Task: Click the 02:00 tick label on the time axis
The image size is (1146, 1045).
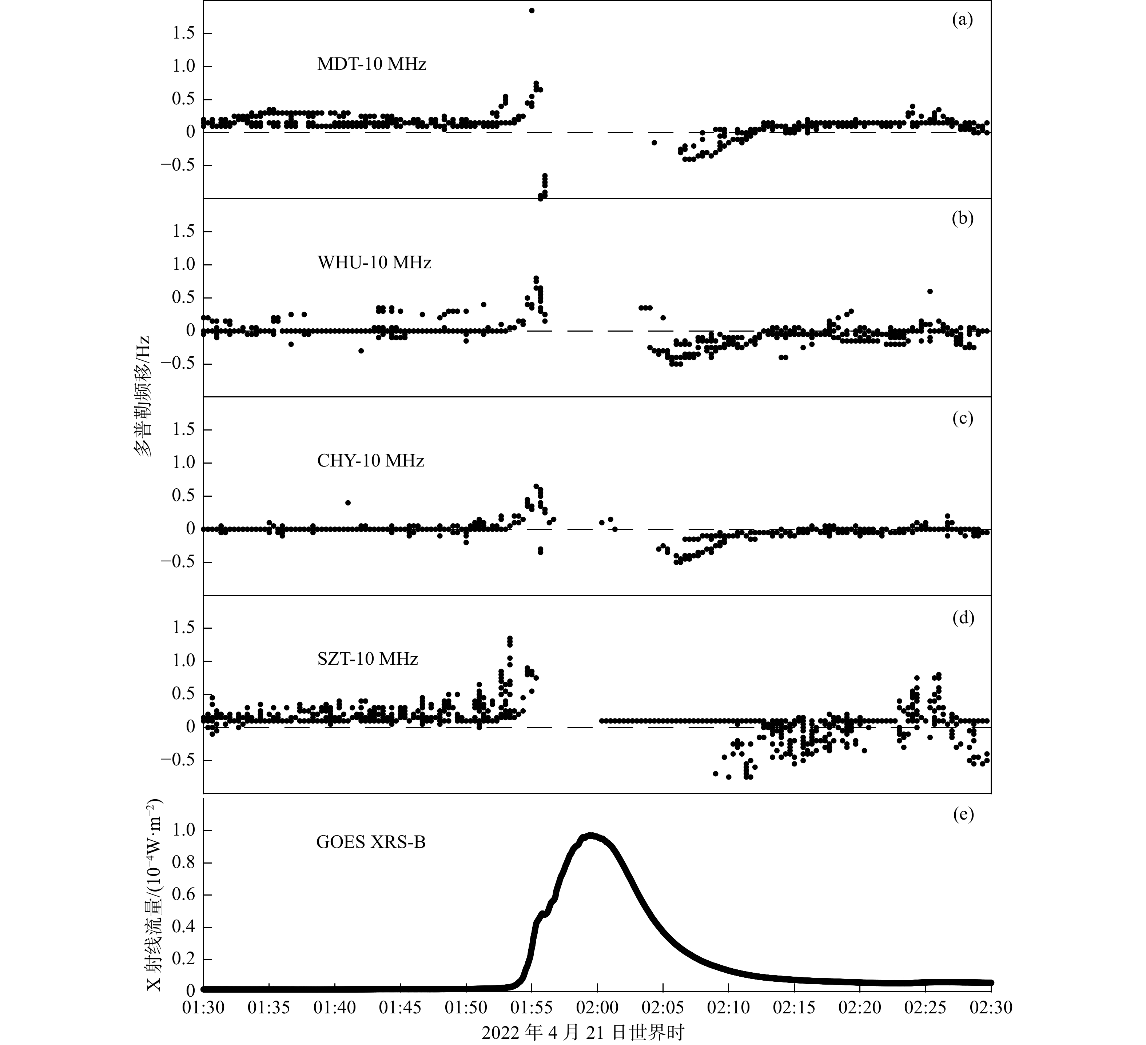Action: [597, 1008]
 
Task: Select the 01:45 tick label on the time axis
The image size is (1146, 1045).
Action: [401, 1008]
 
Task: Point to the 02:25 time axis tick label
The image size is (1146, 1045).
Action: [926, 1008]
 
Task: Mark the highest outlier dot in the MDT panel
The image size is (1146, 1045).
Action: [532, 10]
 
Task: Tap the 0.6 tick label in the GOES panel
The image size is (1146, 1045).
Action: [183, 895]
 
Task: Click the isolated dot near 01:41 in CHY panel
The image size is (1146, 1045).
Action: [348, 503]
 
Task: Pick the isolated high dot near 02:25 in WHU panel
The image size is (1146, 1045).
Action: [930, 291]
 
